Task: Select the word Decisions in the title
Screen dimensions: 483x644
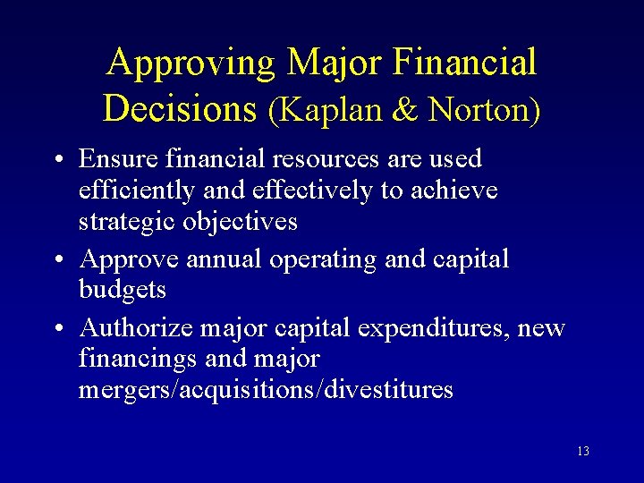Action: [180, 108]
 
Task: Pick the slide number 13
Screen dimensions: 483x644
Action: [582, 452]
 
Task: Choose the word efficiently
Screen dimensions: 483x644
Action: [134, 191]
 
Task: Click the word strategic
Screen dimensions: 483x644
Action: [127, 222]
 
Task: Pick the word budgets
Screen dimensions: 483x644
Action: [122, 290]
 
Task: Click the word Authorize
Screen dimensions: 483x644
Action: [136, 328]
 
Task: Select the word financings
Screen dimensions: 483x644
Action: [138, 360]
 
